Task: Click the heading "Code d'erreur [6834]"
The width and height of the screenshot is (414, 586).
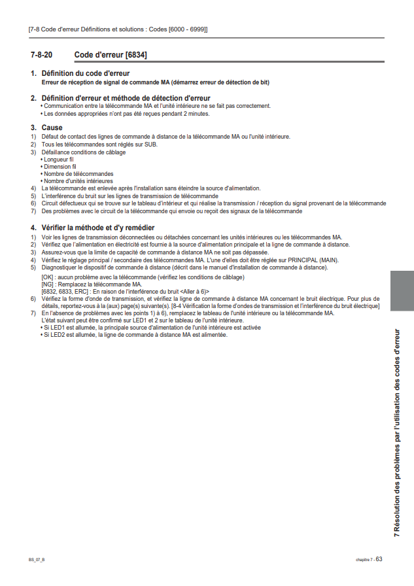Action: pos(111,55)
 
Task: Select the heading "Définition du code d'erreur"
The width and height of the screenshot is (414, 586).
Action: pos(86,73)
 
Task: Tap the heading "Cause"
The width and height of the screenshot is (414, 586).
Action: pos(52,128)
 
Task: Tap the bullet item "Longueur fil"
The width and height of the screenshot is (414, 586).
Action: pos(58,160)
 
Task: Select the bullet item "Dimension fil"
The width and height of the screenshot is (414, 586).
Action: pos(60,167)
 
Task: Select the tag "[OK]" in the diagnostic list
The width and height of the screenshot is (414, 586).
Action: pos(47,277)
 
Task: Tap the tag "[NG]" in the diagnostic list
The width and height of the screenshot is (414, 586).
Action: pos(47,284)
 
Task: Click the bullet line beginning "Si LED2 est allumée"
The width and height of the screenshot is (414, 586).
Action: pos(135,335)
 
